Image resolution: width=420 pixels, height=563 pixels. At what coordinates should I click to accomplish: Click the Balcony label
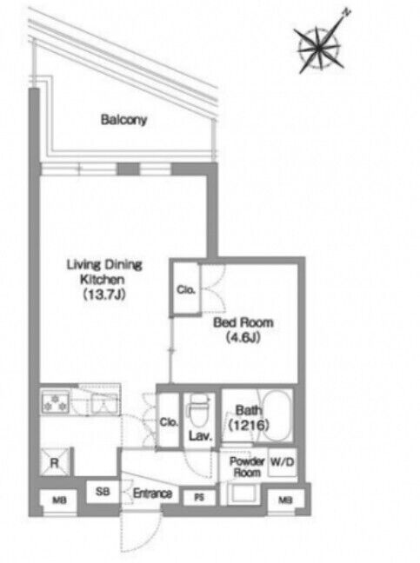123,120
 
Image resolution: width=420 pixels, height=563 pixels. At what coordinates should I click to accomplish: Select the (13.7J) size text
103,295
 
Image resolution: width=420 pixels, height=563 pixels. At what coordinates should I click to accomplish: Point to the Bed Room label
243,322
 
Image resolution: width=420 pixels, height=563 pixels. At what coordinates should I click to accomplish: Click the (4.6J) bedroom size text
243,337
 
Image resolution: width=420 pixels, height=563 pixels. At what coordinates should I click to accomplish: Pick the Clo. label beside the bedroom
186,289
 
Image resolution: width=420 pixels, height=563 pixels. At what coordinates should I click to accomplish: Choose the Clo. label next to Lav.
169,422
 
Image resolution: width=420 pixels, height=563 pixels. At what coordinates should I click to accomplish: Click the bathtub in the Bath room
276,415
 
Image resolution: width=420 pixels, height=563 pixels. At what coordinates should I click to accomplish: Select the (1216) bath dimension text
249,425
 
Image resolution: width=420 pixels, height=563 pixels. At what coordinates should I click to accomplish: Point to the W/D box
283,462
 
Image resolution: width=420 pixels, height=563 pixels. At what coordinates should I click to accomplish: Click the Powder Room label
246,467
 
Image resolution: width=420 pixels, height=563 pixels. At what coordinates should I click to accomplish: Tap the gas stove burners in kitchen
56,402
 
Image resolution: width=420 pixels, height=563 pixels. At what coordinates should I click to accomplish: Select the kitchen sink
103,404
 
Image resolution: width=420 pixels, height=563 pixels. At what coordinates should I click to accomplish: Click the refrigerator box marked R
54,462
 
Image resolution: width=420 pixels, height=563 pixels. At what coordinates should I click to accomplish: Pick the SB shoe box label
103,491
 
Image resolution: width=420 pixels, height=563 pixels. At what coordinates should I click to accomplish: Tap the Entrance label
152,493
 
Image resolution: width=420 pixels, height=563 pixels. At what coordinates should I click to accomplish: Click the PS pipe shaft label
199,498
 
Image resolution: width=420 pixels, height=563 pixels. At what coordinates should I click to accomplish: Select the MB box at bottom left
58,500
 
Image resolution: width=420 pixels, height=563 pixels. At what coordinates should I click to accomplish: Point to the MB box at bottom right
286,500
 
